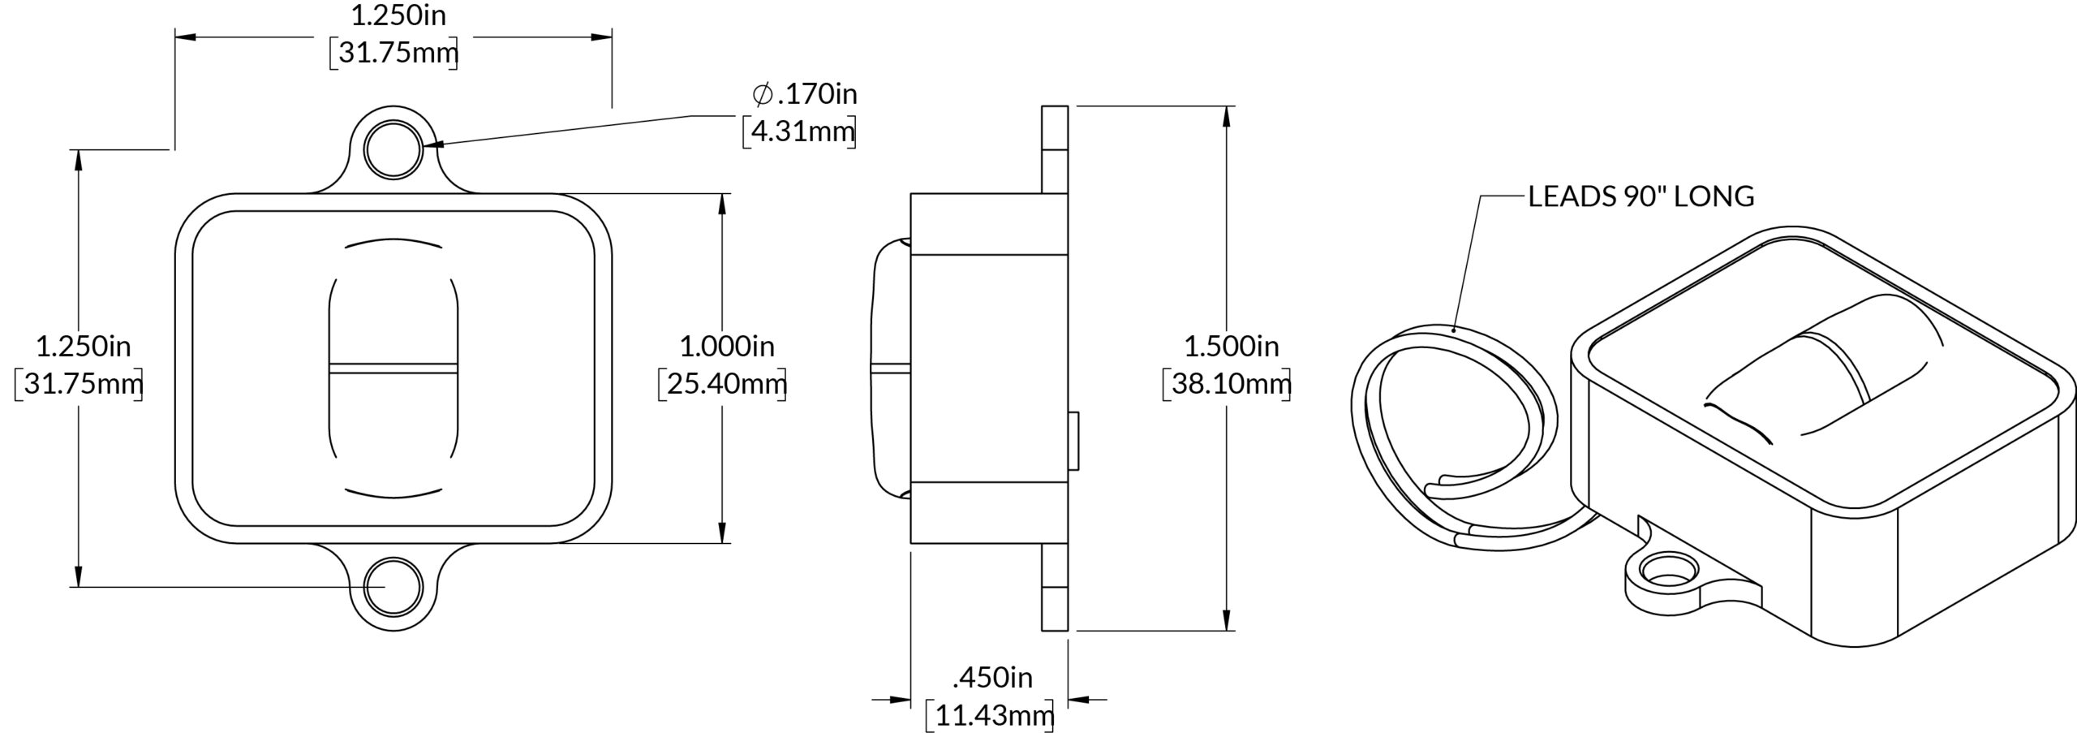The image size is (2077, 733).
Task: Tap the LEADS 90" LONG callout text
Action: (x=1641, y=196)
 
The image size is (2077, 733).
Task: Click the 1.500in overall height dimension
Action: (x=1231, y=347)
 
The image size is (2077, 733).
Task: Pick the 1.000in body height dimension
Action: (x=727, y=347)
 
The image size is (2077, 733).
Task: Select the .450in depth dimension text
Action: (x=992, y=677)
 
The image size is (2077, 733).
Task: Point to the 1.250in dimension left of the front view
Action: (x=84, y=347)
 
